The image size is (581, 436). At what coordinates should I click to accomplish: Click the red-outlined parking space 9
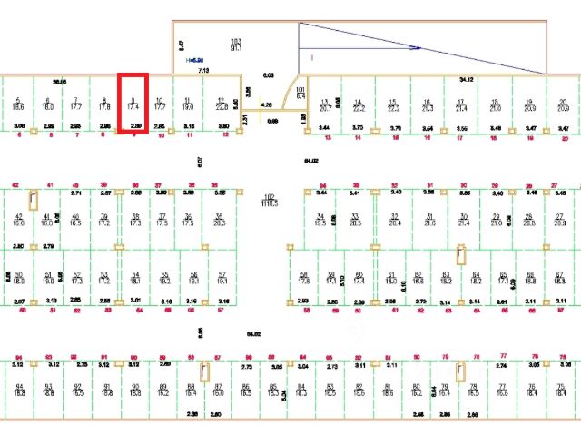(x=133, y=104)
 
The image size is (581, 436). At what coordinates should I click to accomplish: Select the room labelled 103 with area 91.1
(x=236, y=45)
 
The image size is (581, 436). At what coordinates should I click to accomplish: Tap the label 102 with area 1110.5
(x=269, y=201)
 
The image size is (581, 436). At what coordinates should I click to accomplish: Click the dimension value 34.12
(x=467, y=80)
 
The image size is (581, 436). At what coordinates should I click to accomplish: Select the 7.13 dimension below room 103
(x=203, y=69)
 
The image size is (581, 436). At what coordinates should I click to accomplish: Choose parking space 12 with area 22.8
(x=221, y=104)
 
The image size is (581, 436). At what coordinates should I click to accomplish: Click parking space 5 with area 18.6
(x=18, y=104)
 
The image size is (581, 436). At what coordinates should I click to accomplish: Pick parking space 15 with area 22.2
(x=393, y=104)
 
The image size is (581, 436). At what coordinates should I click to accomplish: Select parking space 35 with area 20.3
(x=218, y=220)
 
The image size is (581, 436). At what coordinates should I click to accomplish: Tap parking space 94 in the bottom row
(x=19, y=390)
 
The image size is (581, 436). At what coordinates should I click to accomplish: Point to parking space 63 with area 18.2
(x=446, y=278)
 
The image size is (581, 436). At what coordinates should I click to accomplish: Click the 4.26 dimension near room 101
(x=266, y=104)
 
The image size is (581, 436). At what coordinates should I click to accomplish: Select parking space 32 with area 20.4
(x=394, y=220)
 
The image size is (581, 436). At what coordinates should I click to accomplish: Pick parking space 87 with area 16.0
(x=219, y=390)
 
